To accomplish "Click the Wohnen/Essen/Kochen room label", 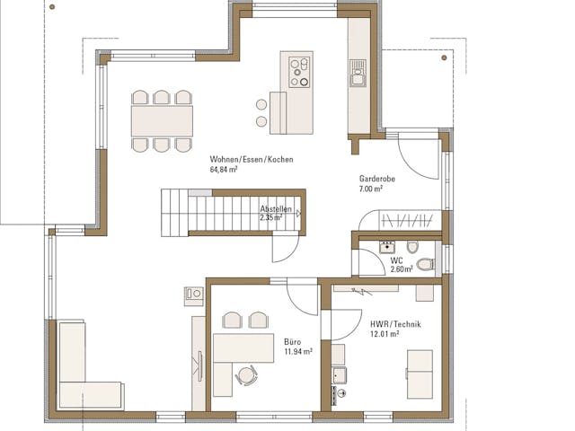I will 252,159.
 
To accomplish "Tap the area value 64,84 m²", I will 225,169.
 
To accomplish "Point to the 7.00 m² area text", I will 370,189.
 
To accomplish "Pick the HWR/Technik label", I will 395,324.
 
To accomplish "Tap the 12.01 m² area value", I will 384,335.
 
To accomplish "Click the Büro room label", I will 292,342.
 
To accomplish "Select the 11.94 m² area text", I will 297,352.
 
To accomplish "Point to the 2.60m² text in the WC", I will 401,268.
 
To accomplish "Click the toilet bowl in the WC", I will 424,264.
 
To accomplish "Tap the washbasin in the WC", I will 387,244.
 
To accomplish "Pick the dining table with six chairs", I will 163,119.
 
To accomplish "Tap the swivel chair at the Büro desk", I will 246,375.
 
